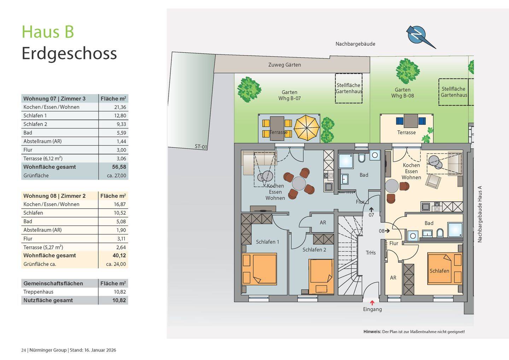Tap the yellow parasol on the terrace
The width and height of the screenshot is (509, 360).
306,128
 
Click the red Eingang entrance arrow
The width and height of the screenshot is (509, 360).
372,303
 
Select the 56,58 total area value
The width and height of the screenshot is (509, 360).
119,167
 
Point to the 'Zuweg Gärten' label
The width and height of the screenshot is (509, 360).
285,65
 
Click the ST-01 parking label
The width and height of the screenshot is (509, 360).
201,147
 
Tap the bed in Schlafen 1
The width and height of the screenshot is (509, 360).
259,269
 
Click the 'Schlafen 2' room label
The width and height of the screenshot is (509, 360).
314,250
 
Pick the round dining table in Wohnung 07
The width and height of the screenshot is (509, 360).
299,184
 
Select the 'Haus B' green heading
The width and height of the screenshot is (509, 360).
48,32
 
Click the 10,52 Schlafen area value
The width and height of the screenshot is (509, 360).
119,213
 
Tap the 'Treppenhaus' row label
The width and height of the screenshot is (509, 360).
38,292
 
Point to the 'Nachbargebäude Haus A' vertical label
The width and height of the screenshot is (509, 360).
480,214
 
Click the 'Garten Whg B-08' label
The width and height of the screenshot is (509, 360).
402,93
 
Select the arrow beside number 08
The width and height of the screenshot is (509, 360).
387,231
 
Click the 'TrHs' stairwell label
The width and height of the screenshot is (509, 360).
370,253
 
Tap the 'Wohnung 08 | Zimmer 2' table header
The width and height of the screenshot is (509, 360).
54,196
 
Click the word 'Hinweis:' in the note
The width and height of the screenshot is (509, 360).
372,332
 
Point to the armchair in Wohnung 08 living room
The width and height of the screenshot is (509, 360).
433,181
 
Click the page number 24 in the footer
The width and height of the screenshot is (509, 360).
23,350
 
